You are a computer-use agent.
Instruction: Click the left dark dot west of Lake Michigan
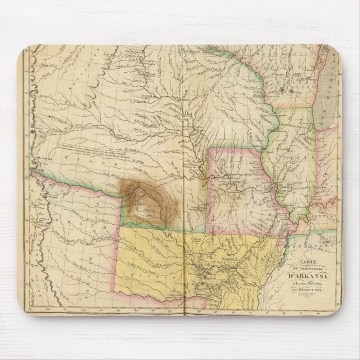[283, 89]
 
